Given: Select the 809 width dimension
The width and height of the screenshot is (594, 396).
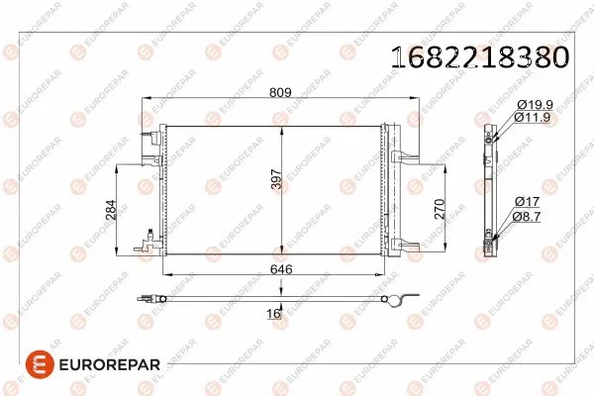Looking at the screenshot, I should (x=280, y=93).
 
